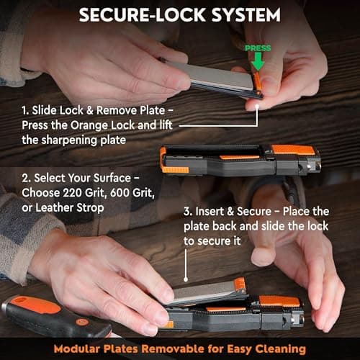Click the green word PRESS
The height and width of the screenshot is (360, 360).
[x=258, y=48]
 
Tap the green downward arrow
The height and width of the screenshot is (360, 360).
[x=258, y=61]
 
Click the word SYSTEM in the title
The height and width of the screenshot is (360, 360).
[x=246, y=15]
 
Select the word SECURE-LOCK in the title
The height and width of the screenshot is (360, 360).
[x=143, y=15]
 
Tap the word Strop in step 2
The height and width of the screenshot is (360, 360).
[x=90, y=208]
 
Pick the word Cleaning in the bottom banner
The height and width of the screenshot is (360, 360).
[x=280, y=349]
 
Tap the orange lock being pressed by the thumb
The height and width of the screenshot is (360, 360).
[x=257, y=81]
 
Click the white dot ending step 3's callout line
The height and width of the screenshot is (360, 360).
[x=186, y=279]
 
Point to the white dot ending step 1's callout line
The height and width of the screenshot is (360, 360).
[x=257, y=106]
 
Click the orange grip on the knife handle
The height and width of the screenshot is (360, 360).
[x=36, y=305]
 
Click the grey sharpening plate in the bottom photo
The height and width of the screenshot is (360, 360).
[x=204, y=292]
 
